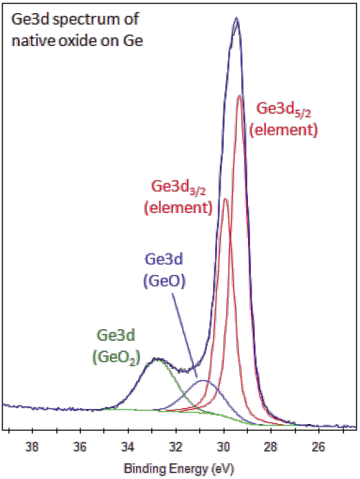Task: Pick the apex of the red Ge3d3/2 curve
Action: pos(225,199)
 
